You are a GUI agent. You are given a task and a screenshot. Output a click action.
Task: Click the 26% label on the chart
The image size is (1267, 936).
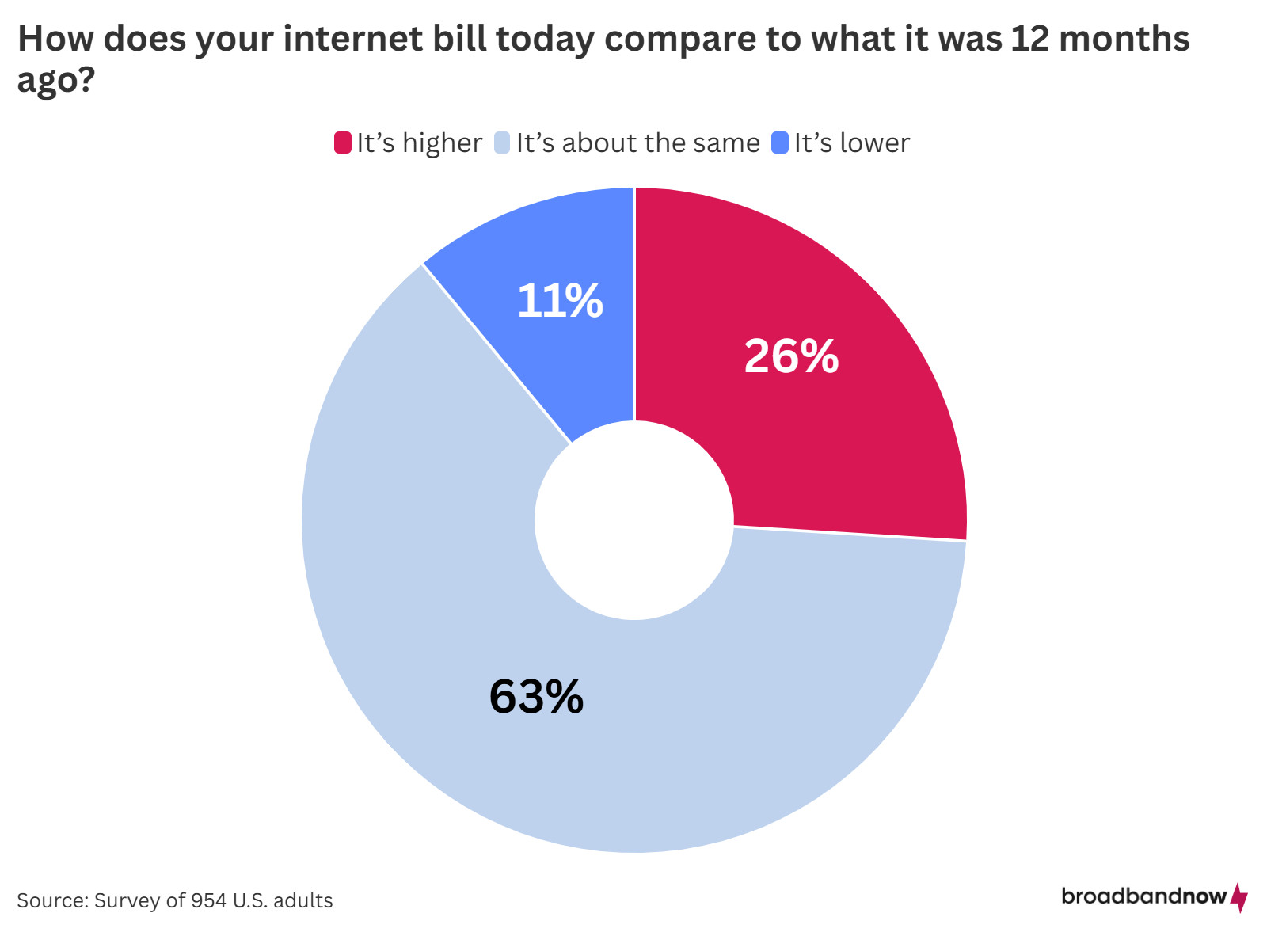791,356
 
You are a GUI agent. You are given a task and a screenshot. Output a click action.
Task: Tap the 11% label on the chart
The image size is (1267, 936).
560,302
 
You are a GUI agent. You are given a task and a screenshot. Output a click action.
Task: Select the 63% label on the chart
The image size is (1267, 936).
536,697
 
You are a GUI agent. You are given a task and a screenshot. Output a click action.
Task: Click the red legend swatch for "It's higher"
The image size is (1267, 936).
342,143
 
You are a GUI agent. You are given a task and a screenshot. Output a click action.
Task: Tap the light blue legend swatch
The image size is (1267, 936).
502,143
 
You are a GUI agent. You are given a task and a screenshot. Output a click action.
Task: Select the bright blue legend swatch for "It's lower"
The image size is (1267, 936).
780,143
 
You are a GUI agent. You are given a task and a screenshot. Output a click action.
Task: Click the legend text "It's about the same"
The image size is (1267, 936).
637,143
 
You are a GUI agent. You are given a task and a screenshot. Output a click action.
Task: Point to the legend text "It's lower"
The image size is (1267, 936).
852,143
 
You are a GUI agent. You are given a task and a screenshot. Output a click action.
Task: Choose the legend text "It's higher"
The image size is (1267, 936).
419,143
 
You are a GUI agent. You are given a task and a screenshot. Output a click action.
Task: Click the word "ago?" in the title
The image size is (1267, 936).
56,80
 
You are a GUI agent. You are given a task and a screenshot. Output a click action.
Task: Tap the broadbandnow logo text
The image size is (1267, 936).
1143,896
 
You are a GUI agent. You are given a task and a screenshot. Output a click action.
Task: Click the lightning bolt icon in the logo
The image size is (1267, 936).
1240,898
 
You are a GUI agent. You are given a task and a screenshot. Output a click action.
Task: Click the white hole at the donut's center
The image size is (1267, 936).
633,520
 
